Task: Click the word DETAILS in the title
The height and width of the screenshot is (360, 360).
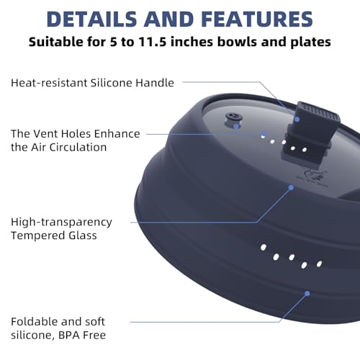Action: click(91, 19)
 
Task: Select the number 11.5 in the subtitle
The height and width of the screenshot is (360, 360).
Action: click(153, 42)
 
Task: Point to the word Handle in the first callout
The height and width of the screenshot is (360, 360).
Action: click(155, 83)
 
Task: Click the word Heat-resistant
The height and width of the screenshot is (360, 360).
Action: click(49, 83)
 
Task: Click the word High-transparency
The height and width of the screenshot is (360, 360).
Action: click(61, 222)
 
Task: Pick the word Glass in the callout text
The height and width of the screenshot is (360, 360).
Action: click(83, 235)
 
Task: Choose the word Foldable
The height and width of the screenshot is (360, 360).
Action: click(35, 322)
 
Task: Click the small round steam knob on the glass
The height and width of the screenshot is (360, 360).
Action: click(233, 120)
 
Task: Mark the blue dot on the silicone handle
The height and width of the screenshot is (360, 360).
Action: click(297, 120)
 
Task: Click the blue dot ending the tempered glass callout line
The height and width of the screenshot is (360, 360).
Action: click(291, 187)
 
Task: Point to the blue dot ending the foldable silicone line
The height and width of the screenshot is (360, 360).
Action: click(307, 293)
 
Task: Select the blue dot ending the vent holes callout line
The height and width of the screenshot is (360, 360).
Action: click(264, 133)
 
